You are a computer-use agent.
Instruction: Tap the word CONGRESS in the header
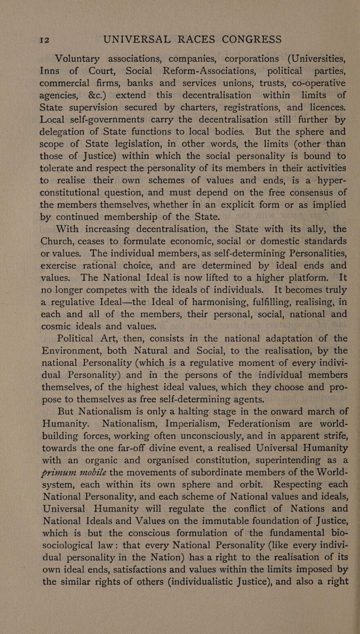pyautogui.click(x=242, y=38)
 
